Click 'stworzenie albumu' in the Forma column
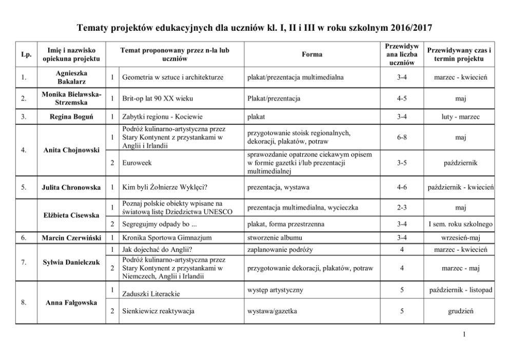click(x=275, y=238)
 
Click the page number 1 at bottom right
click(x=464, y=335)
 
